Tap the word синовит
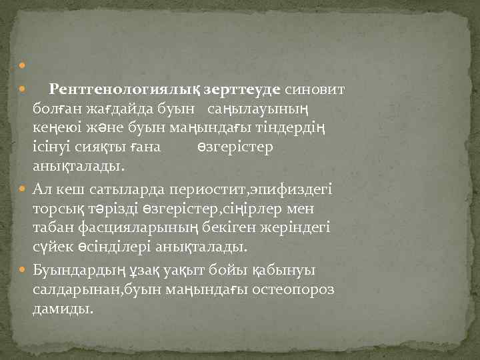click(315, 89)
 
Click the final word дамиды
click(63, 310)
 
